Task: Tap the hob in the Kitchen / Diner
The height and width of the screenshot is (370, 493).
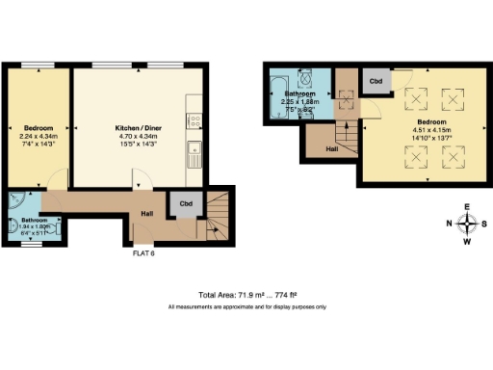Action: pos(195,121)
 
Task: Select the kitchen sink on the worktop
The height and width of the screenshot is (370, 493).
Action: pos(195,148)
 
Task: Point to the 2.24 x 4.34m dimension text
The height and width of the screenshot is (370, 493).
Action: pos(39,136)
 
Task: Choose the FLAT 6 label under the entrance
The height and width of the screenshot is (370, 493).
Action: pos(144,254)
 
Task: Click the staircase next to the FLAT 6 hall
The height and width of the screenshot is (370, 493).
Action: pos(213,216)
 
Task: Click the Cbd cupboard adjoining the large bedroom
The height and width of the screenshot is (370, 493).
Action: pos(376,82)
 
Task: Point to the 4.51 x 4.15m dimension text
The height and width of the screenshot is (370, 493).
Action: pos(430,132)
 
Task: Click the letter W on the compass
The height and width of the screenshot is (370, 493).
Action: pos(467,242)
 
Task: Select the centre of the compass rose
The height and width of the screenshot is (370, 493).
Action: pos(467,225)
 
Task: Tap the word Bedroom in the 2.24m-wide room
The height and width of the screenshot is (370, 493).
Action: pos(39,127)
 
